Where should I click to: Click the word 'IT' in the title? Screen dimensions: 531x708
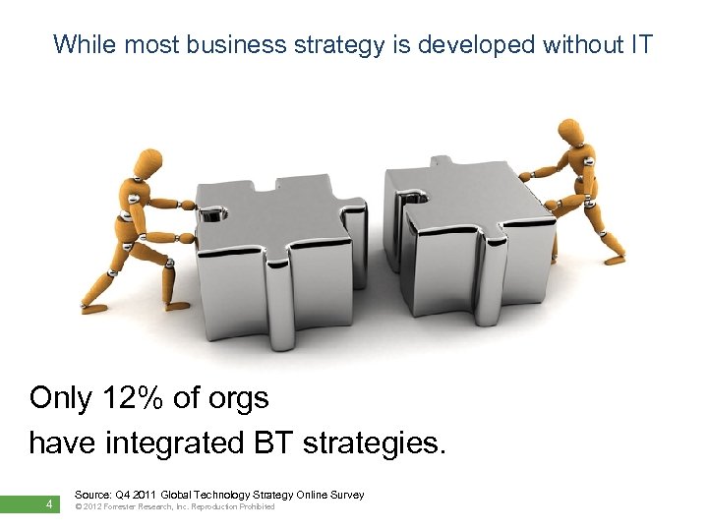click(639, 44)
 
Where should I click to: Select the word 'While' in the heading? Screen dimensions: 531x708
click(82, 44)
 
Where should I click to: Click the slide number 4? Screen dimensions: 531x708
click(47, 505)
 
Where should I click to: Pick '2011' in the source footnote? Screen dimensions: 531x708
click(147, 495)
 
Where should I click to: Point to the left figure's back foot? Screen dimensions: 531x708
click(93, 308)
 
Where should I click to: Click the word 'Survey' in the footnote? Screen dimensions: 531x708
click(345, 495)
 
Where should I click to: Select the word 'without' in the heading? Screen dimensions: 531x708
click(563, 44)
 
